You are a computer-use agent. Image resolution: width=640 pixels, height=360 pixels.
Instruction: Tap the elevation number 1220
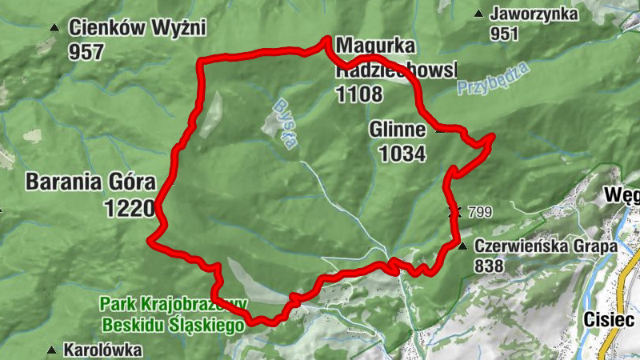128,210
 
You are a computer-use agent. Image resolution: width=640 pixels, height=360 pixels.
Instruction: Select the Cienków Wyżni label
138,29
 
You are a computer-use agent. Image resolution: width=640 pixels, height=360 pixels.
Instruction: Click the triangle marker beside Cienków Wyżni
54,28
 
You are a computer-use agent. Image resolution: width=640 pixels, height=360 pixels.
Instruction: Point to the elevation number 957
86,53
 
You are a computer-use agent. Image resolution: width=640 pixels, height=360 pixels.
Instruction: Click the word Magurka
370,45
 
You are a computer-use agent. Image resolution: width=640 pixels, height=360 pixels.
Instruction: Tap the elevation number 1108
359,94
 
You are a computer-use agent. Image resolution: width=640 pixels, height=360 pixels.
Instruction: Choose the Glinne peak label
397,130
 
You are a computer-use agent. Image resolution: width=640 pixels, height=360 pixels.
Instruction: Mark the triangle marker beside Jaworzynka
478,13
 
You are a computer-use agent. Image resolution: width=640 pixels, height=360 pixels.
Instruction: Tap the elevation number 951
505,34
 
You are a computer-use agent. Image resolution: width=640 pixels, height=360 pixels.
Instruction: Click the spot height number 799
481,213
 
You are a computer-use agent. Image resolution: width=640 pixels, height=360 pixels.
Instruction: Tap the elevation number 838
488,266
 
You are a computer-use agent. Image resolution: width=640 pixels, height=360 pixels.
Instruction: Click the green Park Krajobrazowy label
173,304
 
